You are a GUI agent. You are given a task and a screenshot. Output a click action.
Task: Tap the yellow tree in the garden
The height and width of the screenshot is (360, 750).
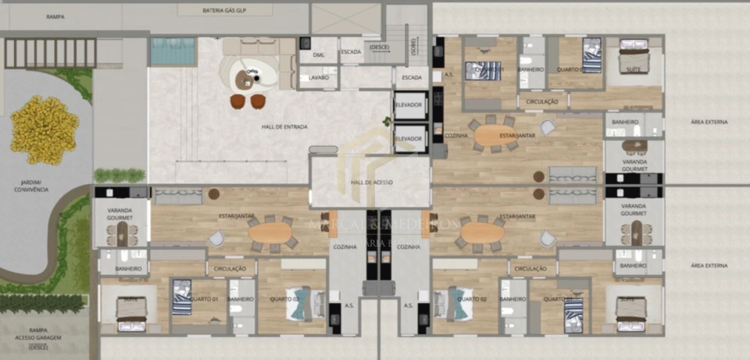[x=44, y=125]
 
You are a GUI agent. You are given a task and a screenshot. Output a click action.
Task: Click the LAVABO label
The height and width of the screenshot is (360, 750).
[x=319, y=78]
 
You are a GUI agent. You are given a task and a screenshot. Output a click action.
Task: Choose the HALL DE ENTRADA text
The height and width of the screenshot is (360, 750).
[x=284, y=127]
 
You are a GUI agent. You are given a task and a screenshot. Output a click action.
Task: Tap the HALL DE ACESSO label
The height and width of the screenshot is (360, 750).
[x=371, y=182]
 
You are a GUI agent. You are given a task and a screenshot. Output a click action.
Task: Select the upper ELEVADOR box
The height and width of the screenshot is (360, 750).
[x=410, y=106]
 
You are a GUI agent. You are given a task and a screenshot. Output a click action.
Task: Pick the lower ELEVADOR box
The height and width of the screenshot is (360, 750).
[x=410, y=138]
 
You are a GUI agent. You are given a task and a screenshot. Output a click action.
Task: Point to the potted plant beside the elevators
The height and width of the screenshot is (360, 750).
[x=386, y=121]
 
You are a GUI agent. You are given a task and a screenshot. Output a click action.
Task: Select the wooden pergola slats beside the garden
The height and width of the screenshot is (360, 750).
[x=50, y=52]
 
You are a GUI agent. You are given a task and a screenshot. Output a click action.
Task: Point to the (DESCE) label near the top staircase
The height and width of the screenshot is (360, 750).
[x=379, y=47]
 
